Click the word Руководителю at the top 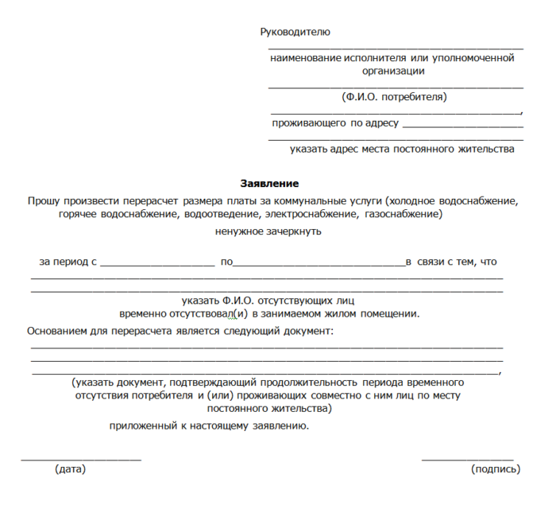pos(295,32)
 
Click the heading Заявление pos(269,184)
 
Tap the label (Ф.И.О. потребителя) pos(394,97)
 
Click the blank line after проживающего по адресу pos(463,126)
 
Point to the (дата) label pos(71,469)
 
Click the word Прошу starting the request pos(43,200)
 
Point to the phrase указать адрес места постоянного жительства pos(402,149)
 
